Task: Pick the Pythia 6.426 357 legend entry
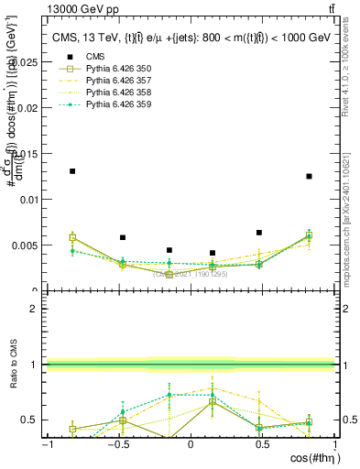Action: click(111, 81)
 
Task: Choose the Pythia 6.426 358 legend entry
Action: click(111, 93)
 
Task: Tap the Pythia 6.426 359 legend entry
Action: click(111, 106)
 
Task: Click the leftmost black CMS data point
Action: click(72, 171)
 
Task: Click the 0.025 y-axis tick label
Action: click(27, 61)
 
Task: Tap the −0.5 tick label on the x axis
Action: click(116, 444)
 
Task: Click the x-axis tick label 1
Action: click(332, 444)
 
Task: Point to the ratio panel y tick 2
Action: click(34, 309)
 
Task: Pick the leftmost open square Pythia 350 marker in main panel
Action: click(72, 237)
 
